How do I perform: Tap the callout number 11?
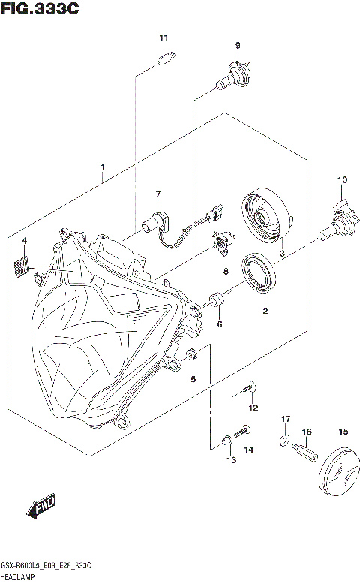(x=163, y=38)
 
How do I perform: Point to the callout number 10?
(x=342, y=179)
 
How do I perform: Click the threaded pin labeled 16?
(x=304, y=453)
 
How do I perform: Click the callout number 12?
(x=253, y=408)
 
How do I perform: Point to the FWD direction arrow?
(x=42, y=510)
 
